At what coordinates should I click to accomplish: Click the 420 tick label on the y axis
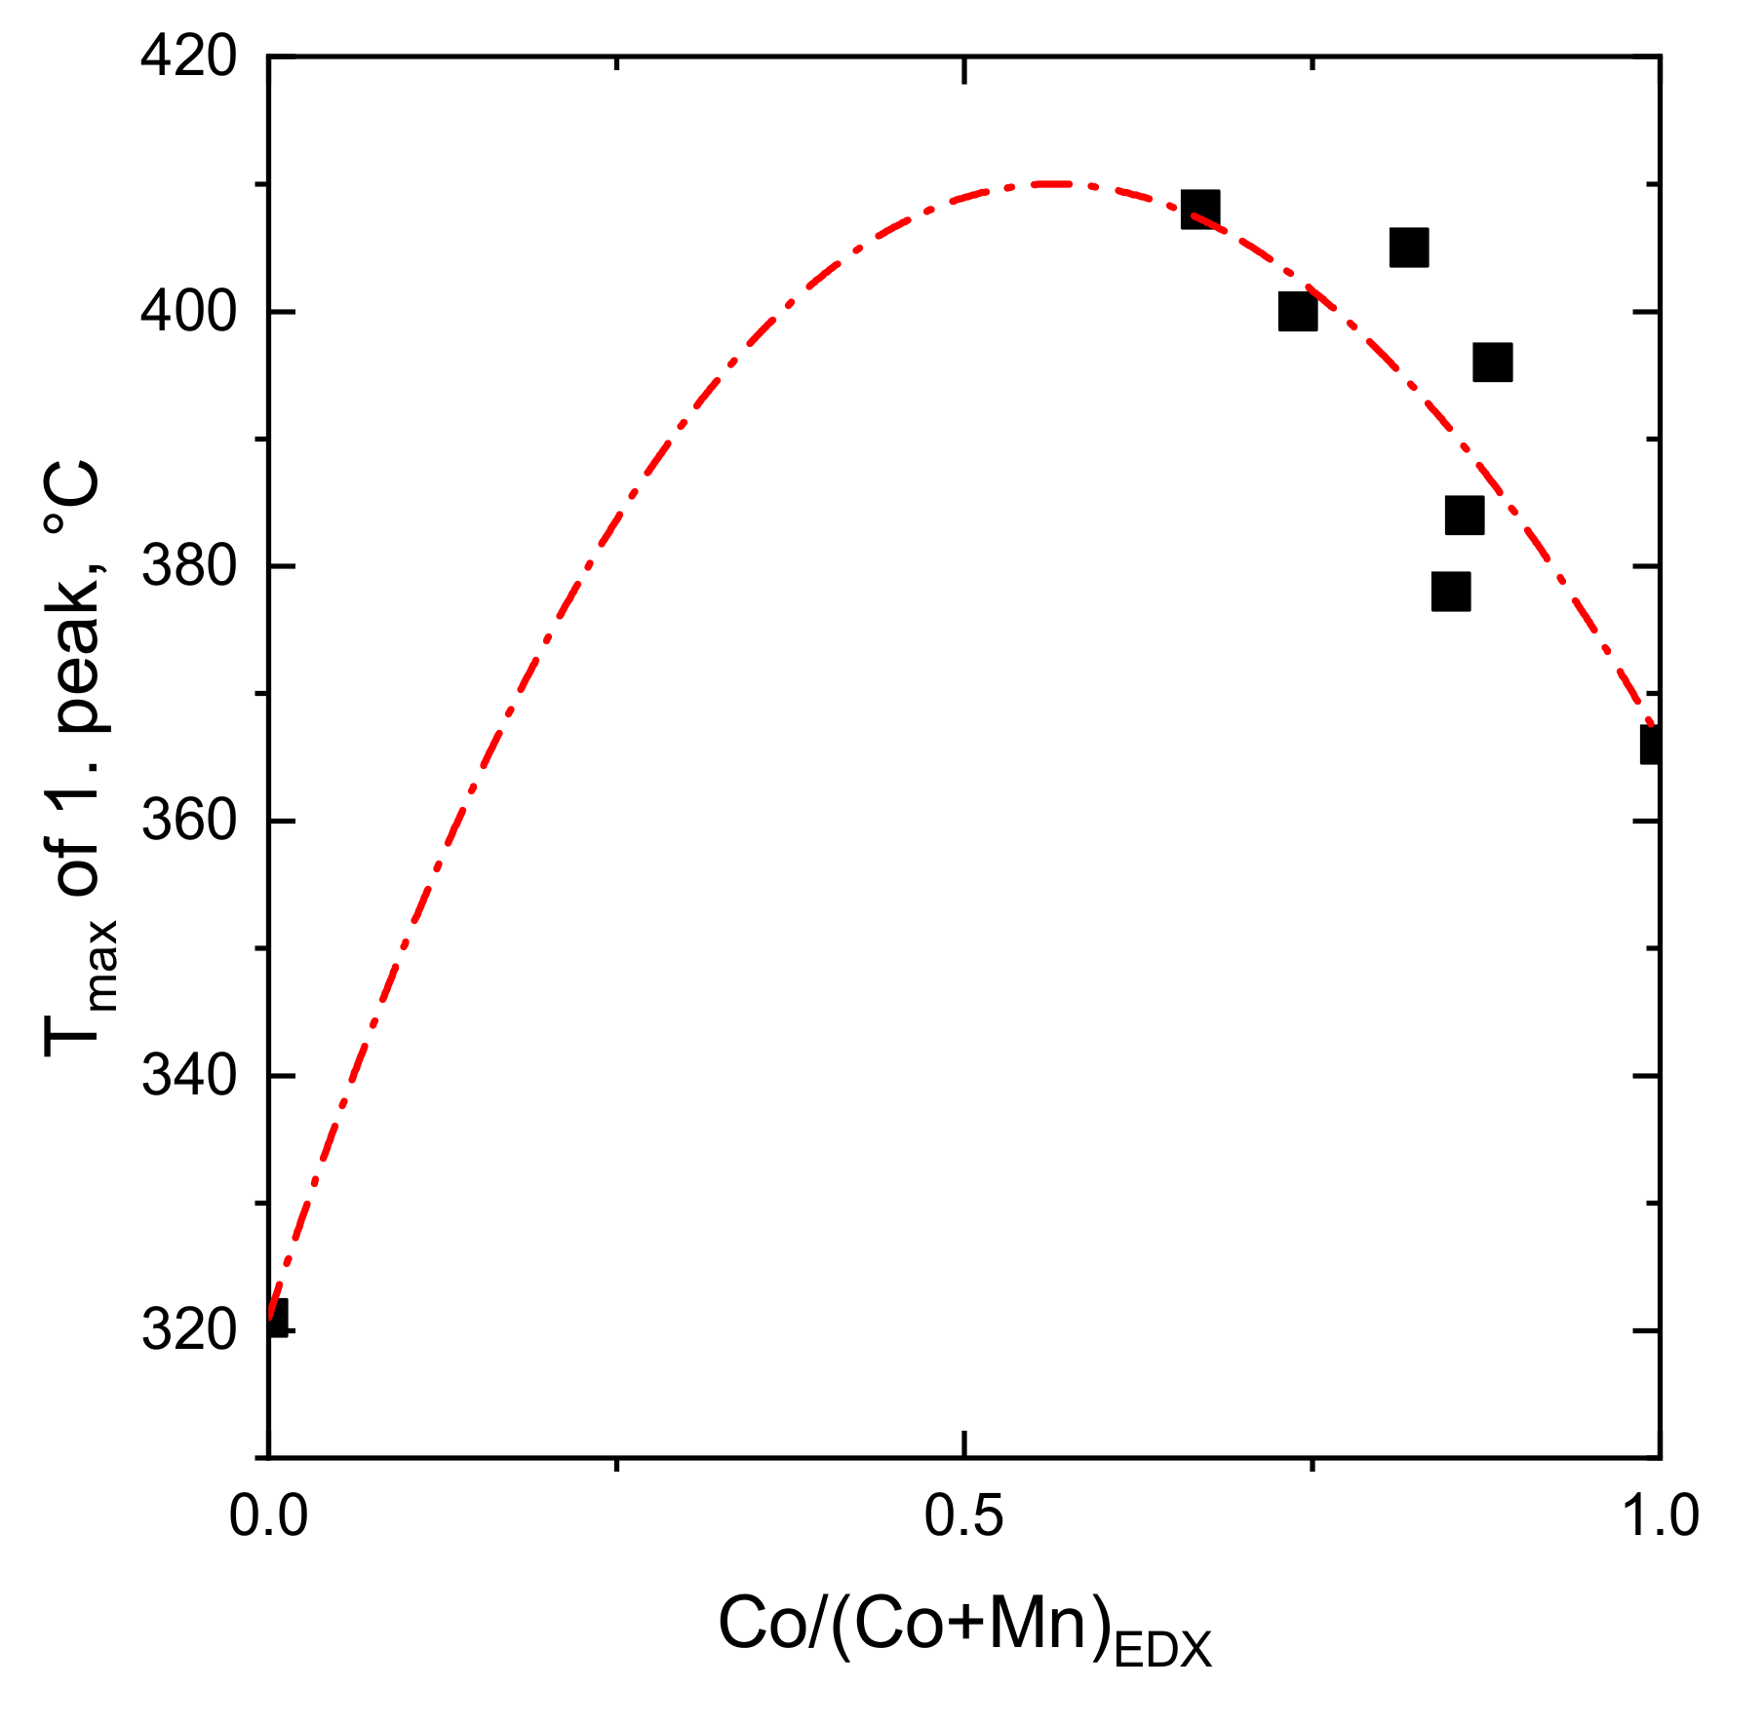189,57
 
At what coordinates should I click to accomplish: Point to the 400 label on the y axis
189,312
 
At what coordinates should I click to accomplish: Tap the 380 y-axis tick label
189,566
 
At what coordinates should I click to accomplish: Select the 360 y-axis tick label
189,821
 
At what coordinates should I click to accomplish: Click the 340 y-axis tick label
189,1075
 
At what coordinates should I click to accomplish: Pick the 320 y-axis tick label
189,1330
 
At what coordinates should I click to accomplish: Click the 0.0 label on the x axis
268,1517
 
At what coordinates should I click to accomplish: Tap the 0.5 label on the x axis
963,1517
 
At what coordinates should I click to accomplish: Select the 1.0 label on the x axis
1659,1517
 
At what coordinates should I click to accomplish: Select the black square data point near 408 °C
1199,210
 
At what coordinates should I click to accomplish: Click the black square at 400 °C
1297,312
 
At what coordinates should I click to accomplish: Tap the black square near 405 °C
1408,248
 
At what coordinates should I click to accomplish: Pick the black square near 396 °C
1492,363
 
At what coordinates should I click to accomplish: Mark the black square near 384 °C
1464,515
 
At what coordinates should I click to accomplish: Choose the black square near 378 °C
1451,592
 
